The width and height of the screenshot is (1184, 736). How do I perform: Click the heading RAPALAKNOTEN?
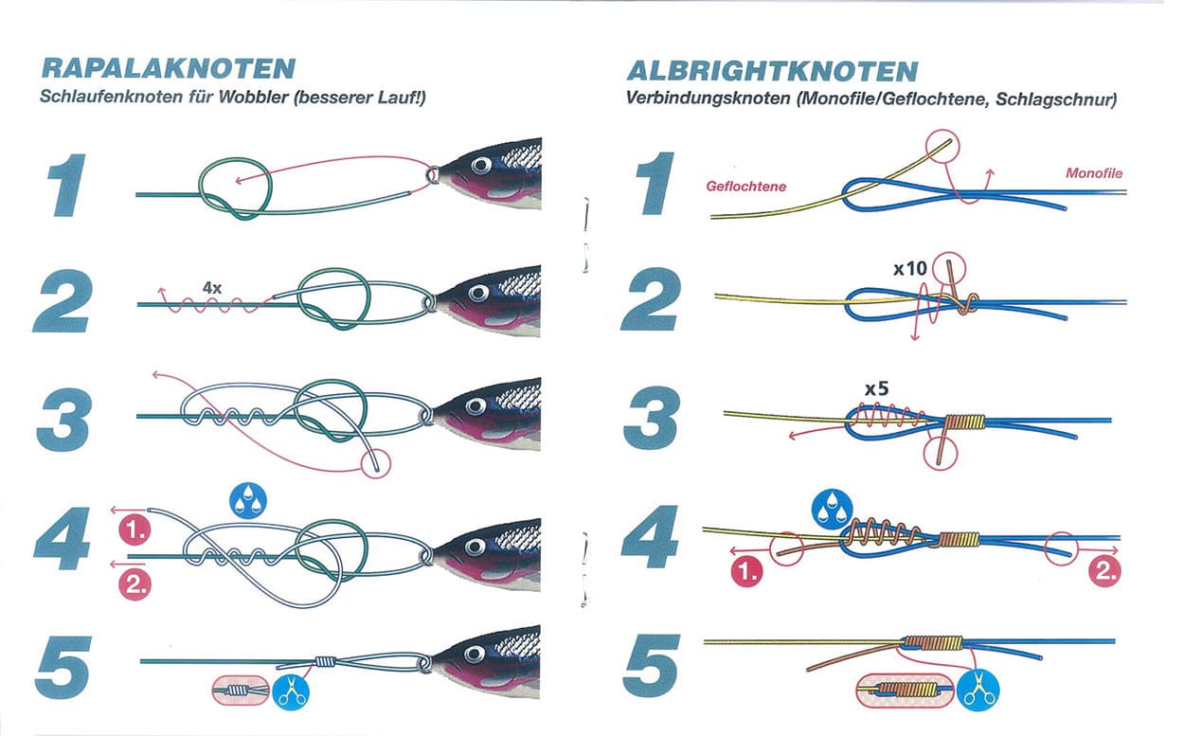169,68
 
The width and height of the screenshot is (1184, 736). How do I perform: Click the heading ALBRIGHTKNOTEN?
772,71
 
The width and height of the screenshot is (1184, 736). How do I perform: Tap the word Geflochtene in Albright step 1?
746,187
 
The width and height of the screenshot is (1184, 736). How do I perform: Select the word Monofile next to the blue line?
1094,173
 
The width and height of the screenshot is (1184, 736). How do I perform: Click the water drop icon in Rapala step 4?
249,500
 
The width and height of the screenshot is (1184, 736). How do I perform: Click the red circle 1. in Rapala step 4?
135,530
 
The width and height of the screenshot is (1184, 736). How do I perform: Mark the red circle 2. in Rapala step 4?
135,584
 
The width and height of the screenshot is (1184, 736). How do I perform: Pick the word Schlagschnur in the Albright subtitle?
1065,99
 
